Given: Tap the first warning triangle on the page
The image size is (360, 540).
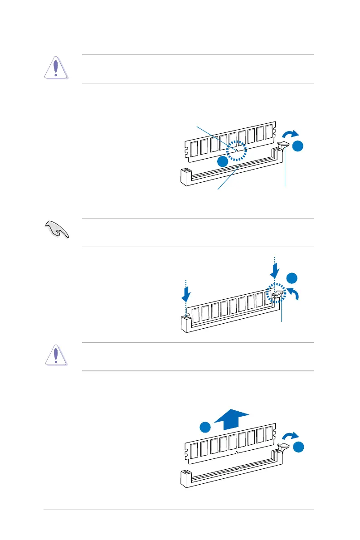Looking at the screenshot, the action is tap(56, 68).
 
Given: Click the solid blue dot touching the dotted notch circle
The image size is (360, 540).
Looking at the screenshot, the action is tap(222, 162).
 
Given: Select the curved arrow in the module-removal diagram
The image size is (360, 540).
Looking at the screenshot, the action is tap(290, 436).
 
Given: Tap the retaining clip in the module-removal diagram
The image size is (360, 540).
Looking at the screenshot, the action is tap(283, 448).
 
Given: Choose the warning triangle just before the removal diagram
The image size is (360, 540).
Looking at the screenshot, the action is tap(56, 355).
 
